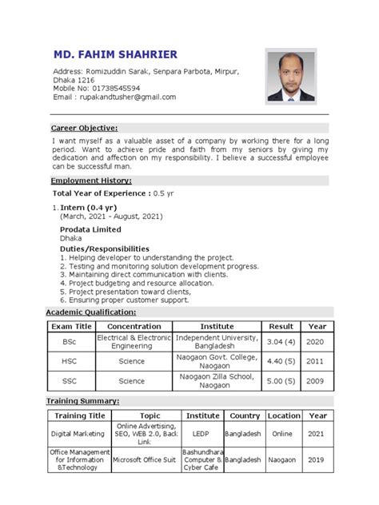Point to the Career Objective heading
84,128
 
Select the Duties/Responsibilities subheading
104,249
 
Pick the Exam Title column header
72,327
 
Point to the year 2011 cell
317,360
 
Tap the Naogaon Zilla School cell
217,380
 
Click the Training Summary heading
82,400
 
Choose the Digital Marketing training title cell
78,433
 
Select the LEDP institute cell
202,433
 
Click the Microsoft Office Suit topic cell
150,461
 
